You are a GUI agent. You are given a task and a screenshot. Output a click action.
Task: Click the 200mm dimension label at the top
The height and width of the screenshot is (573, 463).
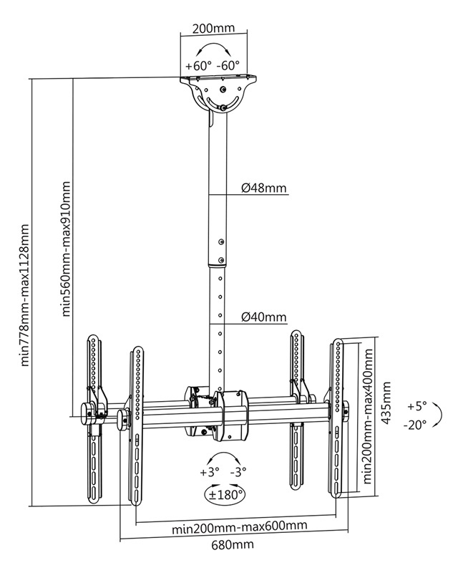pos(213,28)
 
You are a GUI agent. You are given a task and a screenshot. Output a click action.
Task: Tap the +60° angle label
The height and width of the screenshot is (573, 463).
pos(199,66)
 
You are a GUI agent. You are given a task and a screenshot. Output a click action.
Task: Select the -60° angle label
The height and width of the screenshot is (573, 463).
pos(228,66)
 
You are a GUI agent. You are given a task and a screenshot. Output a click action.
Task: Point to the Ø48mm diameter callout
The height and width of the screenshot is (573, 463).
pos(264,188)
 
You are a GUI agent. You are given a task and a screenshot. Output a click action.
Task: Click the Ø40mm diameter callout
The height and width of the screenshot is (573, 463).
pos(264,317)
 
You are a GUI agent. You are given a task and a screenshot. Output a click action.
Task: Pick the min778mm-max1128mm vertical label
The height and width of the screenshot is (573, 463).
pos(24,295)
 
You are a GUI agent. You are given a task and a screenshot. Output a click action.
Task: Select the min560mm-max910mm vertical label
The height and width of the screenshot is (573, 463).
pos(66,249)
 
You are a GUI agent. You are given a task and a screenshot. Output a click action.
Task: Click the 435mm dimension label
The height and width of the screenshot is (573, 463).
pos(386,403)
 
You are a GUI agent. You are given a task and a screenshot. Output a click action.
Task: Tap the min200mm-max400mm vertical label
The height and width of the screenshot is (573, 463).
pos(368,416)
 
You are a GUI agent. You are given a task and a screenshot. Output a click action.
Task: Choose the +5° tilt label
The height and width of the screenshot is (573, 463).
pos(417,406)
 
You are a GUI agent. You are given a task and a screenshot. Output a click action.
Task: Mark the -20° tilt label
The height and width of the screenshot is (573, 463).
pos(415,425)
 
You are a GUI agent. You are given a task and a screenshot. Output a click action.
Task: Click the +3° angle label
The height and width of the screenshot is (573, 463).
pos(210,472)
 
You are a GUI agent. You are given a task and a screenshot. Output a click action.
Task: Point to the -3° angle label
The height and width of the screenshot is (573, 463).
pos(238,472)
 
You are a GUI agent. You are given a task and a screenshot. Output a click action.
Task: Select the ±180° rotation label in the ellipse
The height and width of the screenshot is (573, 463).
pos(225,495)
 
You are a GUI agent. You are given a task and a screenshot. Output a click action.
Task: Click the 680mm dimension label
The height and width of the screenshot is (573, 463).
pos(233,545)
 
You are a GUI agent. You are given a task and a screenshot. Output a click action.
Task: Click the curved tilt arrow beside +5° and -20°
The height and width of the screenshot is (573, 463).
pos(442,415)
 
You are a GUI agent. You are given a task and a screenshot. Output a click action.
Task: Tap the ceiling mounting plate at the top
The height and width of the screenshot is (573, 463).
pos(218,78)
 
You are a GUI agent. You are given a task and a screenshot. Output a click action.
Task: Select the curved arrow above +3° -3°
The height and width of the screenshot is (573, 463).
pos(224,453)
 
